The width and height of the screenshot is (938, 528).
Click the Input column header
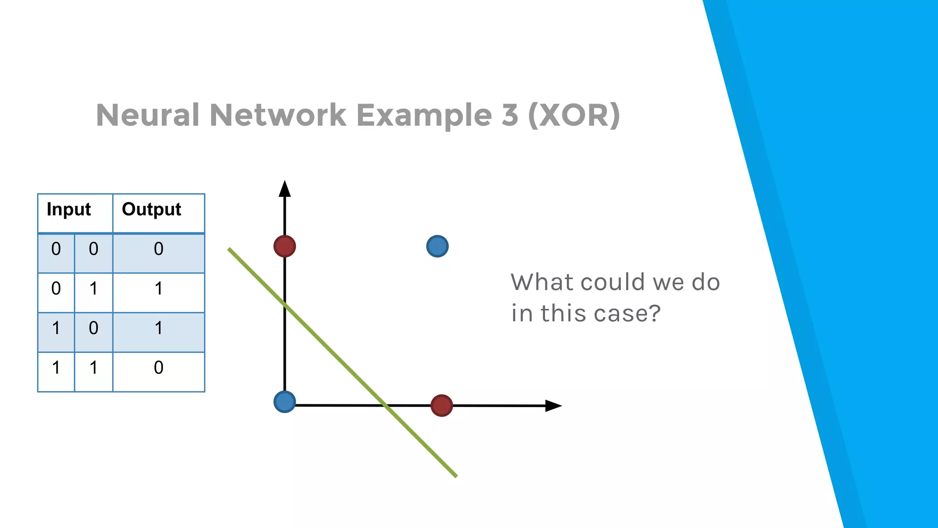(69, 209)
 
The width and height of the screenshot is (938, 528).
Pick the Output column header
(152, 209)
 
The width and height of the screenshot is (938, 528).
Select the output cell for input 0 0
(158, 249)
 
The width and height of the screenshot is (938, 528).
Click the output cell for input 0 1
(158, 289)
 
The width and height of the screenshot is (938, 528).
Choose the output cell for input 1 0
(158, 328)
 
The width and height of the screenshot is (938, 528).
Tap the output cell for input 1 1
(158, 368)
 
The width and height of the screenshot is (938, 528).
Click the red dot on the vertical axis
(284, 246)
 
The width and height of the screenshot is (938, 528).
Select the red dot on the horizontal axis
(442, 406)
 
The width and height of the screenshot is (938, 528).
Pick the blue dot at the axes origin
(284, 402)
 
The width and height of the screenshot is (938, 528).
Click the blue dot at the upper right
(437, 246)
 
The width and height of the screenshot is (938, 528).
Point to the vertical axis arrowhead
(285, 188)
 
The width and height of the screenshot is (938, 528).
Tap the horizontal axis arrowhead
(553, 406)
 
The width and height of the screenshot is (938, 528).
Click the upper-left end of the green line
(229, 250)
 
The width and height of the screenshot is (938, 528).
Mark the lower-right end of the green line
(455, 476)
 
